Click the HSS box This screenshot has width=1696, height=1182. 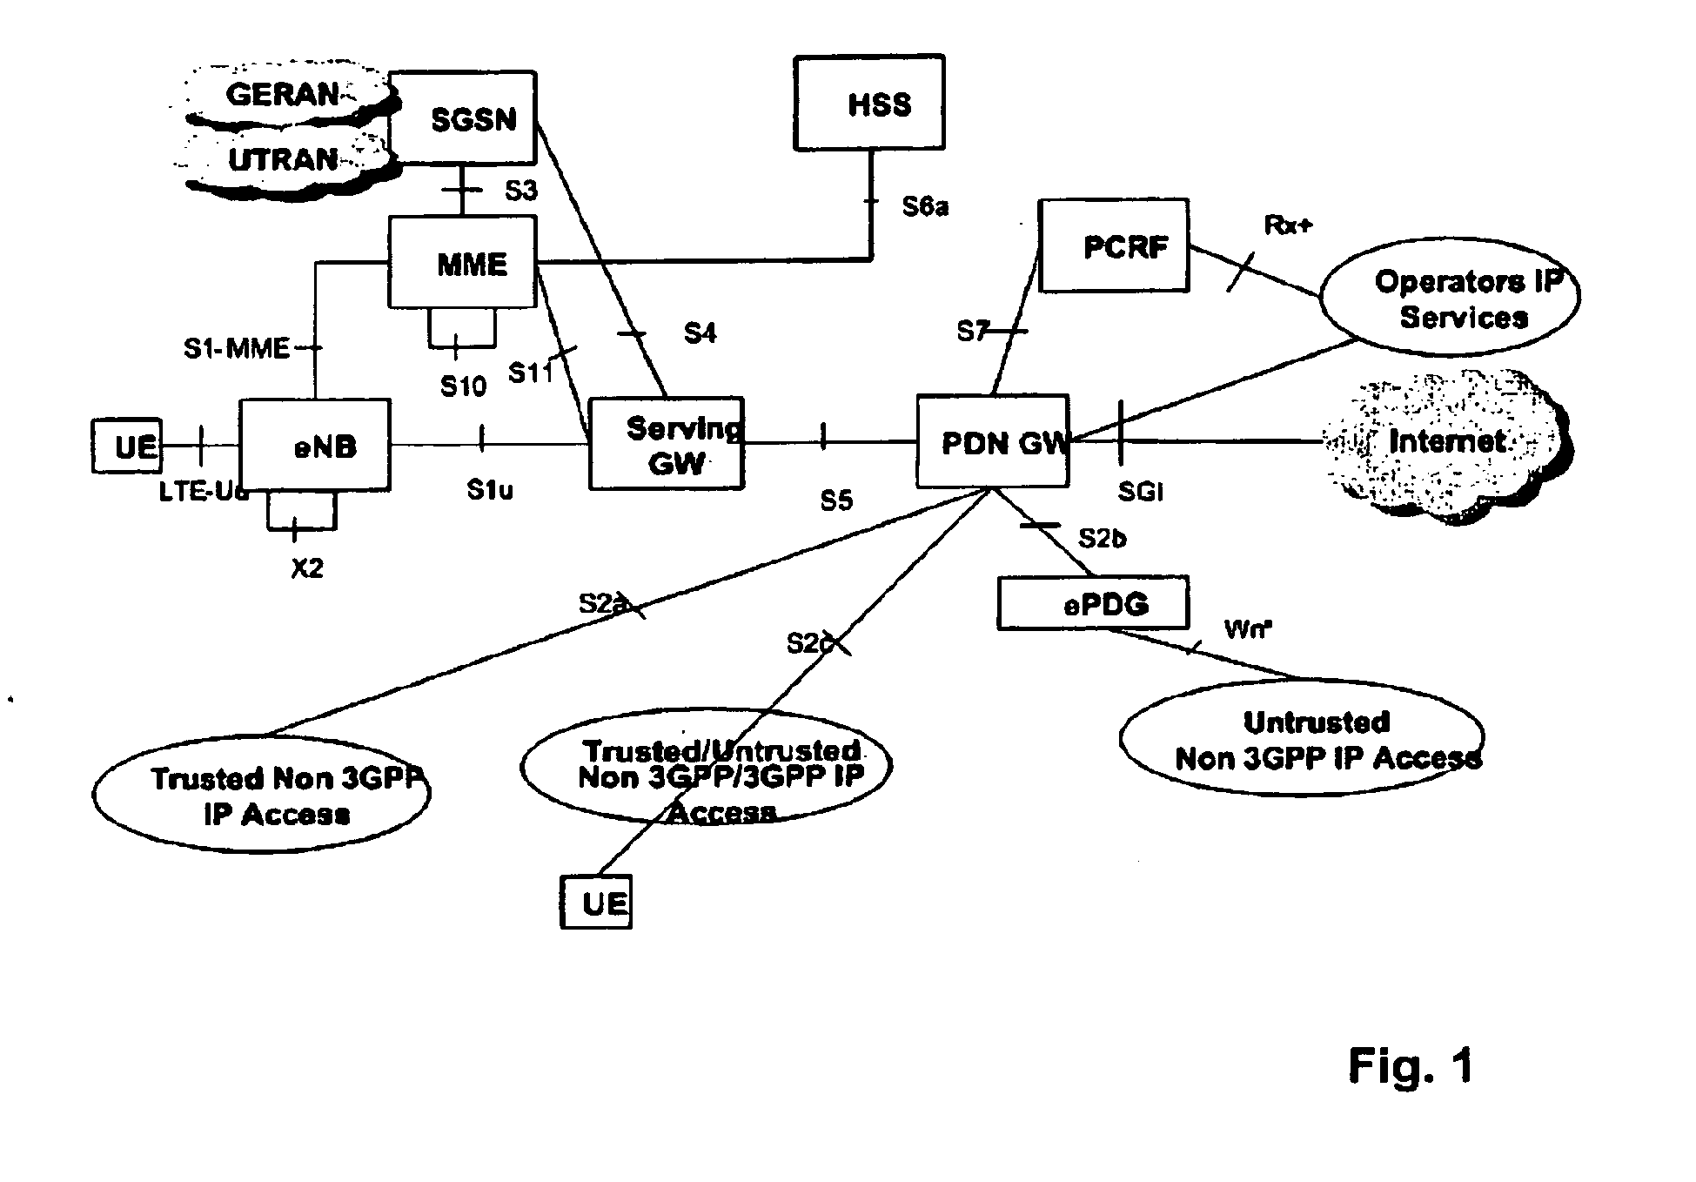point(868,103)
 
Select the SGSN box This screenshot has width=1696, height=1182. point(463,118)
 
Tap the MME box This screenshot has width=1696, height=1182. point(463,262)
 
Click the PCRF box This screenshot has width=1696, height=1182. point(1114,246)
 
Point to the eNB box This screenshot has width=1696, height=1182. point(315,445)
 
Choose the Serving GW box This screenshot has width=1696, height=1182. point(667,444)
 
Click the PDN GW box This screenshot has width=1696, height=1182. point(993,442)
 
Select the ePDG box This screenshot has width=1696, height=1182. point(1093,602)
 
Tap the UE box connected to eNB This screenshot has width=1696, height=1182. point(127,446)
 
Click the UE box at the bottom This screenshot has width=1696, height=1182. point(596,903)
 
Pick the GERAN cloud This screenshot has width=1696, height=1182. point(284,93)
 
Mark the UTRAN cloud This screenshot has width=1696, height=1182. point(284,160)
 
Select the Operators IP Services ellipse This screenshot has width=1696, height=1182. point(1451,298)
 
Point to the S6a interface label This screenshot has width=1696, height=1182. point(925,206)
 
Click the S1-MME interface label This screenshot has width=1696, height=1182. point(236,348)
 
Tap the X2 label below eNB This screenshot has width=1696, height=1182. point(307,568)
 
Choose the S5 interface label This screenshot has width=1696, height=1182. point(836,500)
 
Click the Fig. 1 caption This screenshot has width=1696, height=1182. point(1411,1064)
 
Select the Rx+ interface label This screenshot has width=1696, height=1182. point(1289,225)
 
